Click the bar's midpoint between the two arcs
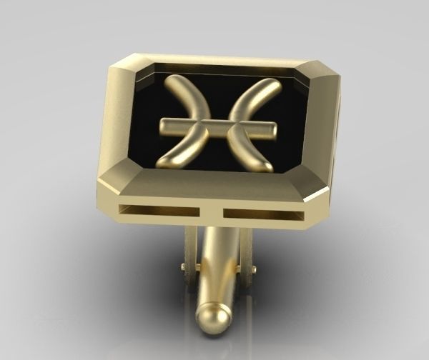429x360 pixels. tap(216, 127)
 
